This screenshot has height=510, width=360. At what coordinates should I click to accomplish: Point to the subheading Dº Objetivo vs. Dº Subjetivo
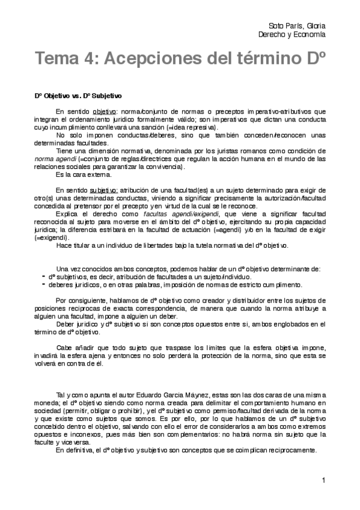pos(78,95)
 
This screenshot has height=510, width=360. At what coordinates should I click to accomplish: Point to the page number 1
pos(323,480)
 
